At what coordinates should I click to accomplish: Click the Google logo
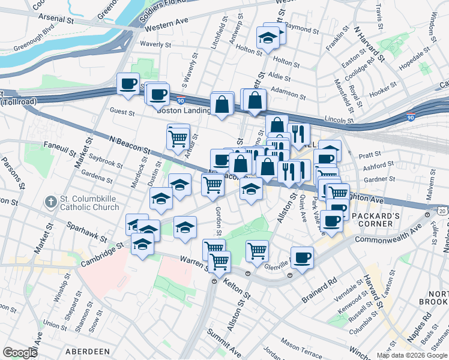click(20, 353)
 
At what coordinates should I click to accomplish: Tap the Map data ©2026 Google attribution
click(411, 355)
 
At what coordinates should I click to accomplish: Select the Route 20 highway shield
click(442, 212)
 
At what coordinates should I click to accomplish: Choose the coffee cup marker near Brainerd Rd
click(302, 257)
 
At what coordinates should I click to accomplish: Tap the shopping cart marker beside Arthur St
click(178, 139)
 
